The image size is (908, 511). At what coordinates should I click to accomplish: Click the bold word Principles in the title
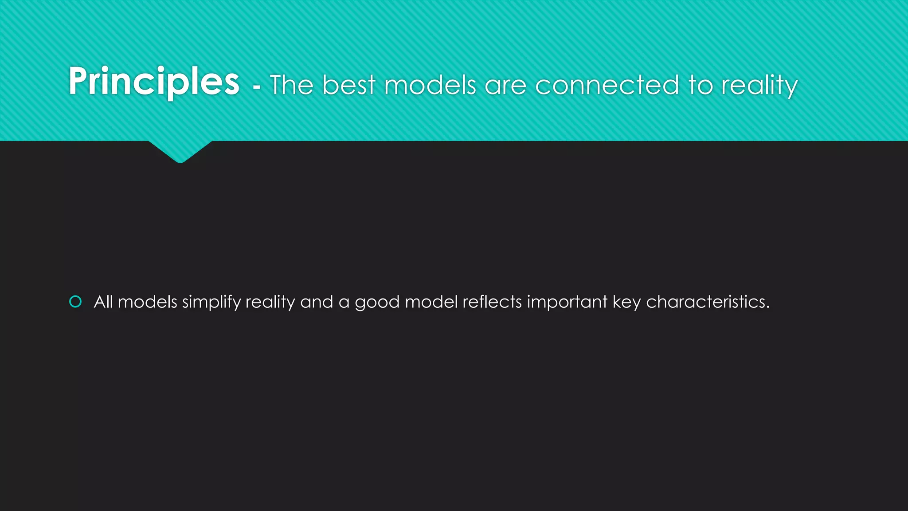point(154,82)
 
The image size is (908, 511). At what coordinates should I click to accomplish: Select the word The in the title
point(291,85)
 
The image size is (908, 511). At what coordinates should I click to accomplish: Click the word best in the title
point(349,85)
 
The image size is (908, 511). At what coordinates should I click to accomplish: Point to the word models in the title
point(430,85)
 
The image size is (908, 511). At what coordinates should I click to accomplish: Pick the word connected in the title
point(607,85)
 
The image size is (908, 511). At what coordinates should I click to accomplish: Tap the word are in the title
point(505,86)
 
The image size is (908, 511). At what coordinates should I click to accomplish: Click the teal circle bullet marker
point(76,302)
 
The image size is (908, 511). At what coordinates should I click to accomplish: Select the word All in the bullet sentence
point(103,302)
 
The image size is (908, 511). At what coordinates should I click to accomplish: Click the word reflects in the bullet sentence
point(492,302)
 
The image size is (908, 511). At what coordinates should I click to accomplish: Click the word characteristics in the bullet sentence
point(707,302)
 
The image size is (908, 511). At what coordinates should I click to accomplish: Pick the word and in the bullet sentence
point(317,302)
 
